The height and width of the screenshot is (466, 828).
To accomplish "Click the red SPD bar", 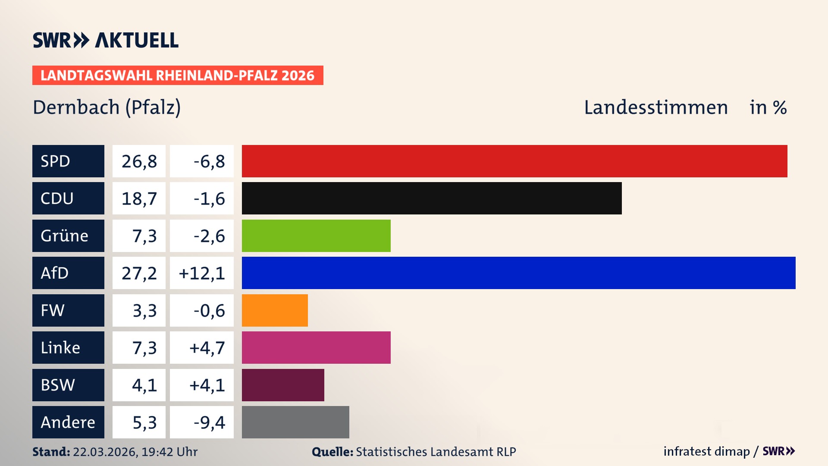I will [514, 161].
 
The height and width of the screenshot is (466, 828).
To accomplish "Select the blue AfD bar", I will [518, 273].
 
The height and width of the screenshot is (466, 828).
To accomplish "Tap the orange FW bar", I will [275, 310].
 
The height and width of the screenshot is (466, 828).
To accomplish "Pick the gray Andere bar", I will [295, 422].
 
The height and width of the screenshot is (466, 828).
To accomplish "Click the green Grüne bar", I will [316, 236].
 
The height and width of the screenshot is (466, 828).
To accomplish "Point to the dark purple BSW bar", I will [283, 385].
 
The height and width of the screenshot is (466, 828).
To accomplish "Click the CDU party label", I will [68, 198].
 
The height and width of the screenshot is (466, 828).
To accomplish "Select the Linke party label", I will [68, 347].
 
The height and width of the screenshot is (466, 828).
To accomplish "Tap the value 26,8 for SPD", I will [139, 161].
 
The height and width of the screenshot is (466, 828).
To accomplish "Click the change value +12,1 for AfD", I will [202, 273].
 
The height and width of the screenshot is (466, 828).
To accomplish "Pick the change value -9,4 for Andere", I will [209, 422].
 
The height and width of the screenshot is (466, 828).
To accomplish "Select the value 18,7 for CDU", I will [139, 198].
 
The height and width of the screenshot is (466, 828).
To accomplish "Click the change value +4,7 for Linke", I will [207, 348].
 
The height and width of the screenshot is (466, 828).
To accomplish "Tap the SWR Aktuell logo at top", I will [106, 40].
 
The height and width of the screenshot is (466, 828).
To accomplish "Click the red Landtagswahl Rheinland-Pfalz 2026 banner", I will [178, 76].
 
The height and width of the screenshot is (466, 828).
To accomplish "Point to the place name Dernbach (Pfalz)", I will [107, 107].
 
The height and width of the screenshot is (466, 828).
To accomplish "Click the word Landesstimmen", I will [655, 107].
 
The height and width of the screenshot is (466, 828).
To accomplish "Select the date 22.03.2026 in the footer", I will [105, 452].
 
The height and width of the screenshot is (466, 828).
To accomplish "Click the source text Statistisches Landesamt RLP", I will [436, 452].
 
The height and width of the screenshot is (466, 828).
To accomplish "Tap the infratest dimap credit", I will [706, 451].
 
